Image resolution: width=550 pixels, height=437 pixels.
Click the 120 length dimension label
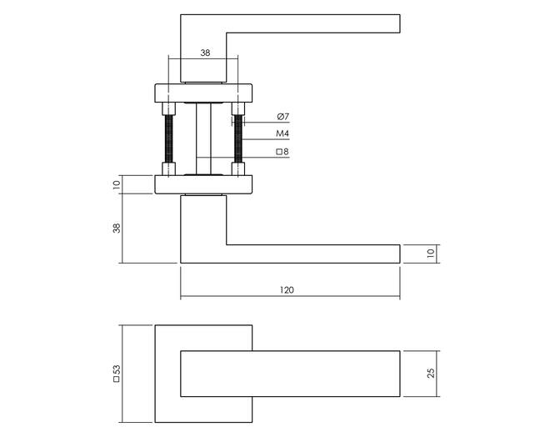(287, 290)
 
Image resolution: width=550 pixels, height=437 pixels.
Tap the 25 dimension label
(431, 373)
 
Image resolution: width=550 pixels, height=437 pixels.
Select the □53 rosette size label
(117, 373)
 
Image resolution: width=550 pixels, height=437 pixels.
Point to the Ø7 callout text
(282, 117)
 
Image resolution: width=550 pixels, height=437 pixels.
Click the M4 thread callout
(282, 133)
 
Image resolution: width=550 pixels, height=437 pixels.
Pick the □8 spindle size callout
(282, 152)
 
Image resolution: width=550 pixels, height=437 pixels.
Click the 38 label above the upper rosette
(205, 53)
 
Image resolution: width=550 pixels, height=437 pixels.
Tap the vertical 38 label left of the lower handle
(117, 229)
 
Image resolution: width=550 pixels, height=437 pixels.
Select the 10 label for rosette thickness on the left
(117, 184)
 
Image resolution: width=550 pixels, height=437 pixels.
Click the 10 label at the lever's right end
(431, 253)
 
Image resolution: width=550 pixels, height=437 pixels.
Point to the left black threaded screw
(168, 138)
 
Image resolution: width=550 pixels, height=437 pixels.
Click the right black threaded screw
(238, 138)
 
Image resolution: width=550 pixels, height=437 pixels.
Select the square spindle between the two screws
(203, 138)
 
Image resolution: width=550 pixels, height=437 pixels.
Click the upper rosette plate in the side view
(203, 93)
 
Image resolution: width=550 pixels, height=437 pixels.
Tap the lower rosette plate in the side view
(203, 184)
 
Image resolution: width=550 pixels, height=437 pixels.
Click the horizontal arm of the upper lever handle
(312, 24)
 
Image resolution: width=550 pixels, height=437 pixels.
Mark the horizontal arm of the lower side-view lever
(312, 254)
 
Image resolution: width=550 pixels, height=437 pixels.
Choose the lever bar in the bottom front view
(290, 374)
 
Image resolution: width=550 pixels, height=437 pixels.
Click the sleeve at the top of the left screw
(168, 108)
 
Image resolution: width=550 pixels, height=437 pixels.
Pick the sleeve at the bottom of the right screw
(238, 168)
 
